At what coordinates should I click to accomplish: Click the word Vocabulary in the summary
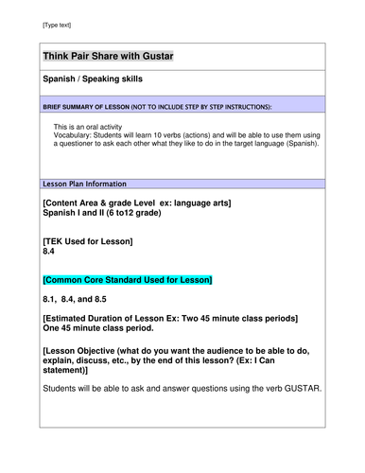point(74,135)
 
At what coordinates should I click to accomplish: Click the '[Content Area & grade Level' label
point(104,203)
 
